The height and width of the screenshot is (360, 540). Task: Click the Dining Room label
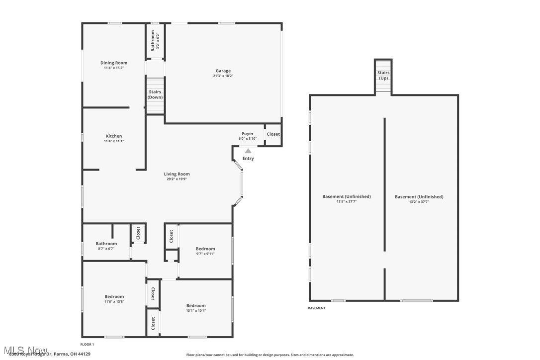(x=114, y=63)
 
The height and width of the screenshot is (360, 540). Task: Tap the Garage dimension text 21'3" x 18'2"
(x=223, y=76)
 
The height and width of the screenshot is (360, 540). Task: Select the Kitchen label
(x=114, y=136)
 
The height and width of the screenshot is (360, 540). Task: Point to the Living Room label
(x=177, y=174)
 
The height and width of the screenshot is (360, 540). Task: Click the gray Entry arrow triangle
(x=248, y=151)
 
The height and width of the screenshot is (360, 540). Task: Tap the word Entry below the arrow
(x=248, y=159)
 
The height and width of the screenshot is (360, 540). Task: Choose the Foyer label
(x=248, y=134)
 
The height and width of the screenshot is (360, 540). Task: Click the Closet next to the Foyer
(x=273, y=134)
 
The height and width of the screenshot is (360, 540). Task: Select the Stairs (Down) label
(x=155, y=94)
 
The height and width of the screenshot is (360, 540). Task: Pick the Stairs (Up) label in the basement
(x=383, y=75)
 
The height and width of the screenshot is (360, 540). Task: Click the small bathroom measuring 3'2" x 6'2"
(x=155, y=41)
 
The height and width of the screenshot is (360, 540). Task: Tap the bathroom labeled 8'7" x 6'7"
(x=106, y=246)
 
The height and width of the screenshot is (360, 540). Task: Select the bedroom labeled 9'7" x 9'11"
(x=205, y=251)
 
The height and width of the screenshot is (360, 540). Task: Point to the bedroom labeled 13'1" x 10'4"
(x=196, y=308)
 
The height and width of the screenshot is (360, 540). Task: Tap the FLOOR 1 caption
(x=87, y=345)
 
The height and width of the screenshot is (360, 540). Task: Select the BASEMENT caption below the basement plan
(x=317, y=308)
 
